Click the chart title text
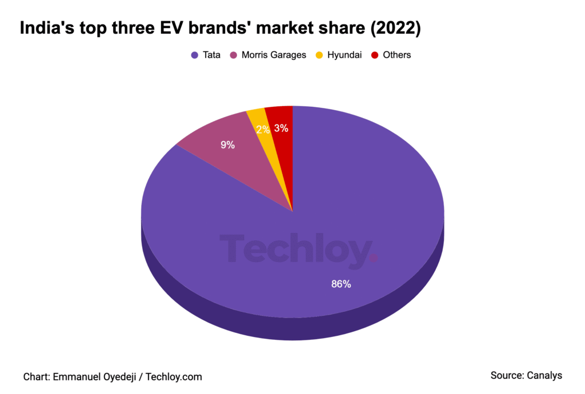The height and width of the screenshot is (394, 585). (220, 29)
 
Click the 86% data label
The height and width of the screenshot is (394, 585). (341, 284)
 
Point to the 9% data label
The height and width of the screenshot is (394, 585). (227, 145)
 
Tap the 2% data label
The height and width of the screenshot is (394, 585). (263, 130)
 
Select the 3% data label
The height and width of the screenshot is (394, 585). (281, 128)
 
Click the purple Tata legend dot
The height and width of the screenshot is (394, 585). (194, 55)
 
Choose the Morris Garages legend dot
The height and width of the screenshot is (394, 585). (233, 55)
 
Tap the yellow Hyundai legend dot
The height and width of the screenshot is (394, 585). (319, 55)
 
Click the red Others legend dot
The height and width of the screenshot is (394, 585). (375, 55)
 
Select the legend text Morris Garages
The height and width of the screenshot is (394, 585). (274, 55)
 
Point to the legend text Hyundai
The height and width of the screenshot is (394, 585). (344, 55)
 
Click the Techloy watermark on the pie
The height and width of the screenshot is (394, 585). (297, 250)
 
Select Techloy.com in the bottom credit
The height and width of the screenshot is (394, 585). (174, 377)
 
